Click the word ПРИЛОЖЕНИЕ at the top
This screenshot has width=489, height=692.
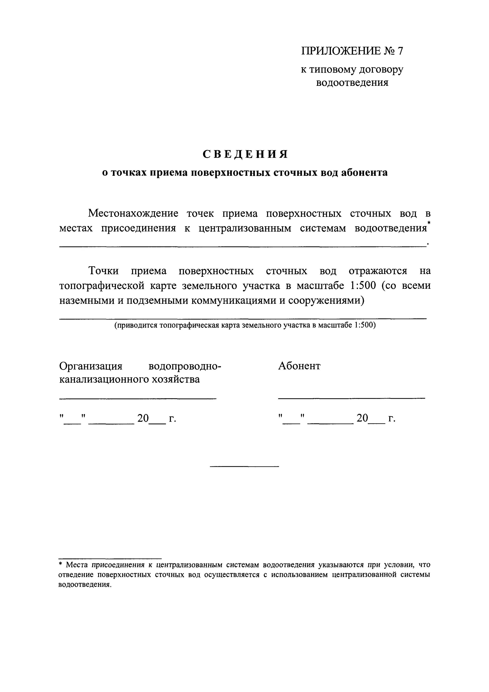(341, 51)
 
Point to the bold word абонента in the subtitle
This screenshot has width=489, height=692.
(364, 173)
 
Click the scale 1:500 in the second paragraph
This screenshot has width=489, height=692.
(363, 285)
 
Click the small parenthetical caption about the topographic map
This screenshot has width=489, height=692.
(245, 325)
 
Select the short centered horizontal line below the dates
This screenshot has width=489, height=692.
(244, 467)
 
